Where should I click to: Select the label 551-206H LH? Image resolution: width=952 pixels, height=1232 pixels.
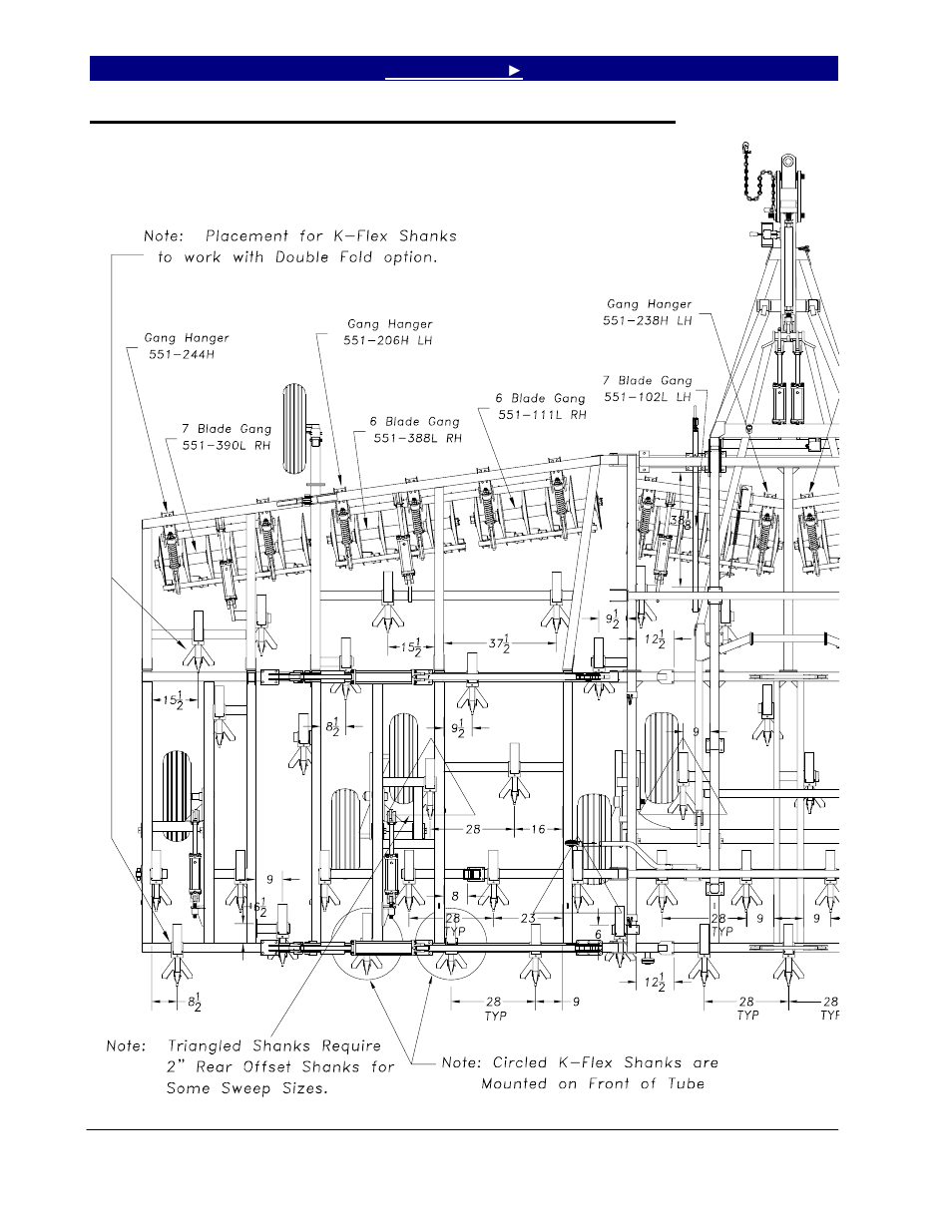click(x=390, y=340)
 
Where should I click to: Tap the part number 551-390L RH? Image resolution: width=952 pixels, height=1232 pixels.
click(x=226, y=445)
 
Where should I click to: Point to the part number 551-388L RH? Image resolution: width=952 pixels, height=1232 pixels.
click(x=417, y=437)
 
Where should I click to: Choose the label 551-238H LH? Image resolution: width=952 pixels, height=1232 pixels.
click(x=649, y=320)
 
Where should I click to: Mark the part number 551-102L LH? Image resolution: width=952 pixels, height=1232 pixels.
click(x=648, y=396)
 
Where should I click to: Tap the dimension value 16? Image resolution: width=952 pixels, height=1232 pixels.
click(x=538, y=828)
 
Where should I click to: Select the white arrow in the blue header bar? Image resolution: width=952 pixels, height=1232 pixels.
click(x=514, y=70)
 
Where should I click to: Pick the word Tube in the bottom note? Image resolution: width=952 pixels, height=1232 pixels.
click(x=684, y=1083)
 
